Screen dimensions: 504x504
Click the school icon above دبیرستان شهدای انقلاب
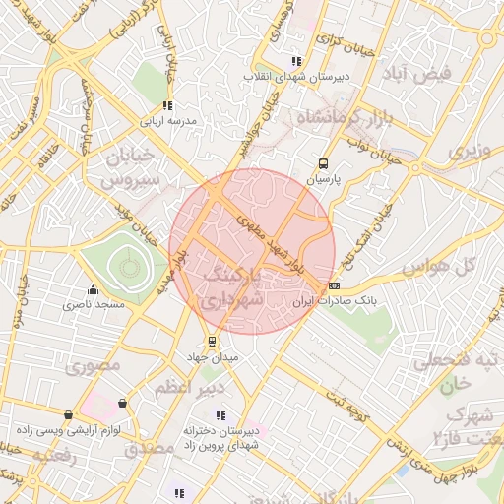[296, 61]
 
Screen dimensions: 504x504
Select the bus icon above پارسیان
[323, 164]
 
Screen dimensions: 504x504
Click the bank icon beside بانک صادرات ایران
[334, 285]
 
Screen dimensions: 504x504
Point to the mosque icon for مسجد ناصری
[94, 289]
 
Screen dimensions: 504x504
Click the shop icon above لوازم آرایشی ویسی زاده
[67, 415]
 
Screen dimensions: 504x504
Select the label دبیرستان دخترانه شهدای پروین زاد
[221, 439]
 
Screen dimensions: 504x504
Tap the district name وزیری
[470, 153]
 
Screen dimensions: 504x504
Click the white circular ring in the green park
[126, 266]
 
